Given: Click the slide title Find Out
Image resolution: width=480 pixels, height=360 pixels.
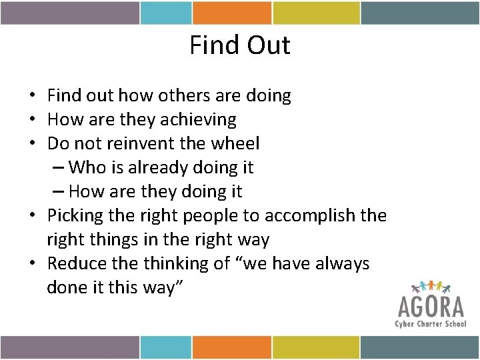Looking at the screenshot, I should [240, 45].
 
